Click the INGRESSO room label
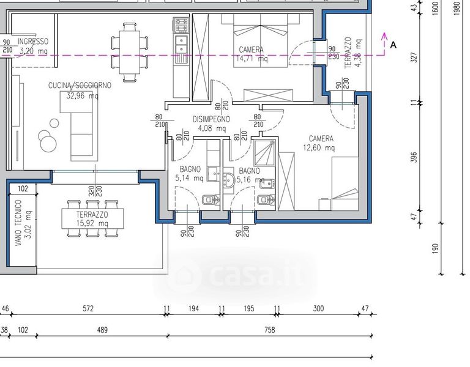click(32, 42)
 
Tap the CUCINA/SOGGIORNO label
click(80, 86)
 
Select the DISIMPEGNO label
click(211, 119)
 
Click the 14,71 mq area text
click(251, 59)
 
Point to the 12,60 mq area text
click(319, 147)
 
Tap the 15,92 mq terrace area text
click(92, 223)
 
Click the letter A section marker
click(394, 45)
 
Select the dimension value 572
click(88, 308)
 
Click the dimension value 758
click(270, 330)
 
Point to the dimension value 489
click(102, 330)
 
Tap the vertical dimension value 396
click(414, 157)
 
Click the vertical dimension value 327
click(414, 57)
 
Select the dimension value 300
click(318, 308)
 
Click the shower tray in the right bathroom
click(264, 152)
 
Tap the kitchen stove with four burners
click(181, 25)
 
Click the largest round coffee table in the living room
click(48, 144)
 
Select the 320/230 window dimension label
click(95, 191)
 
